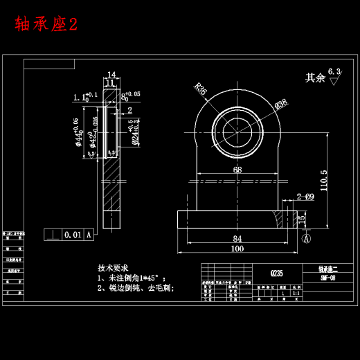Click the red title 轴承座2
click(x=46, y=24)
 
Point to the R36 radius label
click(x=200, y=89)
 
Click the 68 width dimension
click(x=237, y=170)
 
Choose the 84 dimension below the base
click(x=237, y=239)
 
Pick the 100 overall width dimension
click(x=237, y=249)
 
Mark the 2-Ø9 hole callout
click(x=305, y=197)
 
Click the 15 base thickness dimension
click(x=301, y=219)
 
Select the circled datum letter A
click(x=305, y=237)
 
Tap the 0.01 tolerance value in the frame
click(x=72, y=235)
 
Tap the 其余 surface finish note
click(x=315, y=78)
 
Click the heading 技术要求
click(x=113, y=267)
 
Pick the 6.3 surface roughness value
click(x=334, y=71)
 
